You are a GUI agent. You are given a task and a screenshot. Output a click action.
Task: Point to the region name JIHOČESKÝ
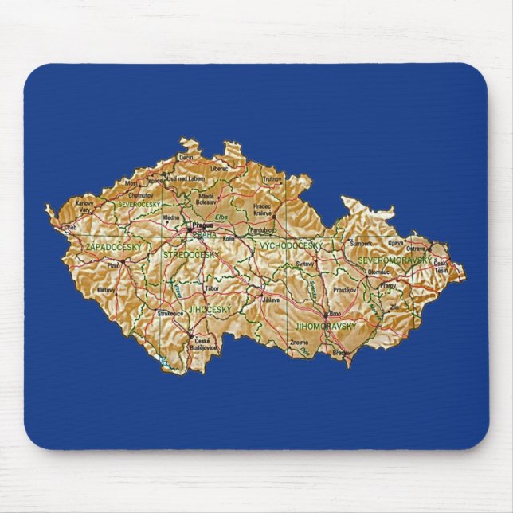tap(209, 307)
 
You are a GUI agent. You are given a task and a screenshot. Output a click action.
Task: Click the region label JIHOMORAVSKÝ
tap(323, 326)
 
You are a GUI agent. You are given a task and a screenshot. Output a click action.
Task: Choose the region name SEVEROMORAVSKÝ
tap(394, 260)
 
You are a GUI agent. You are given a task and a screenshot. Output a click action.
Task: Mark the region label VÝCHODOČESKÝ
tap(292, 245)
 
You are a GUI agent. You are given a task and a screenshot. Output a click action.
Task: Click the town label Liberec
tap(219, 168)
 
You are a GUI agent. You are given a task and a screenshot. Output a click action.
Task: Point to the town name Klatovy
tap(105, 290)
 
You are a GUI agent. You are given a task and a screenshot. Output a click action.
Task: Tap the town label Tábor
tap(211, 288)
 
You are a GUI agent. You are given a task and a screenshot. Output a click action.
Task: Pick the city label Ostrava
tap(417, 249)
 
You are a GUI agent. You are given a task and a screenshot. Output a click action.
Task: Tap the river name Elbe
tap(223, 216)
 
